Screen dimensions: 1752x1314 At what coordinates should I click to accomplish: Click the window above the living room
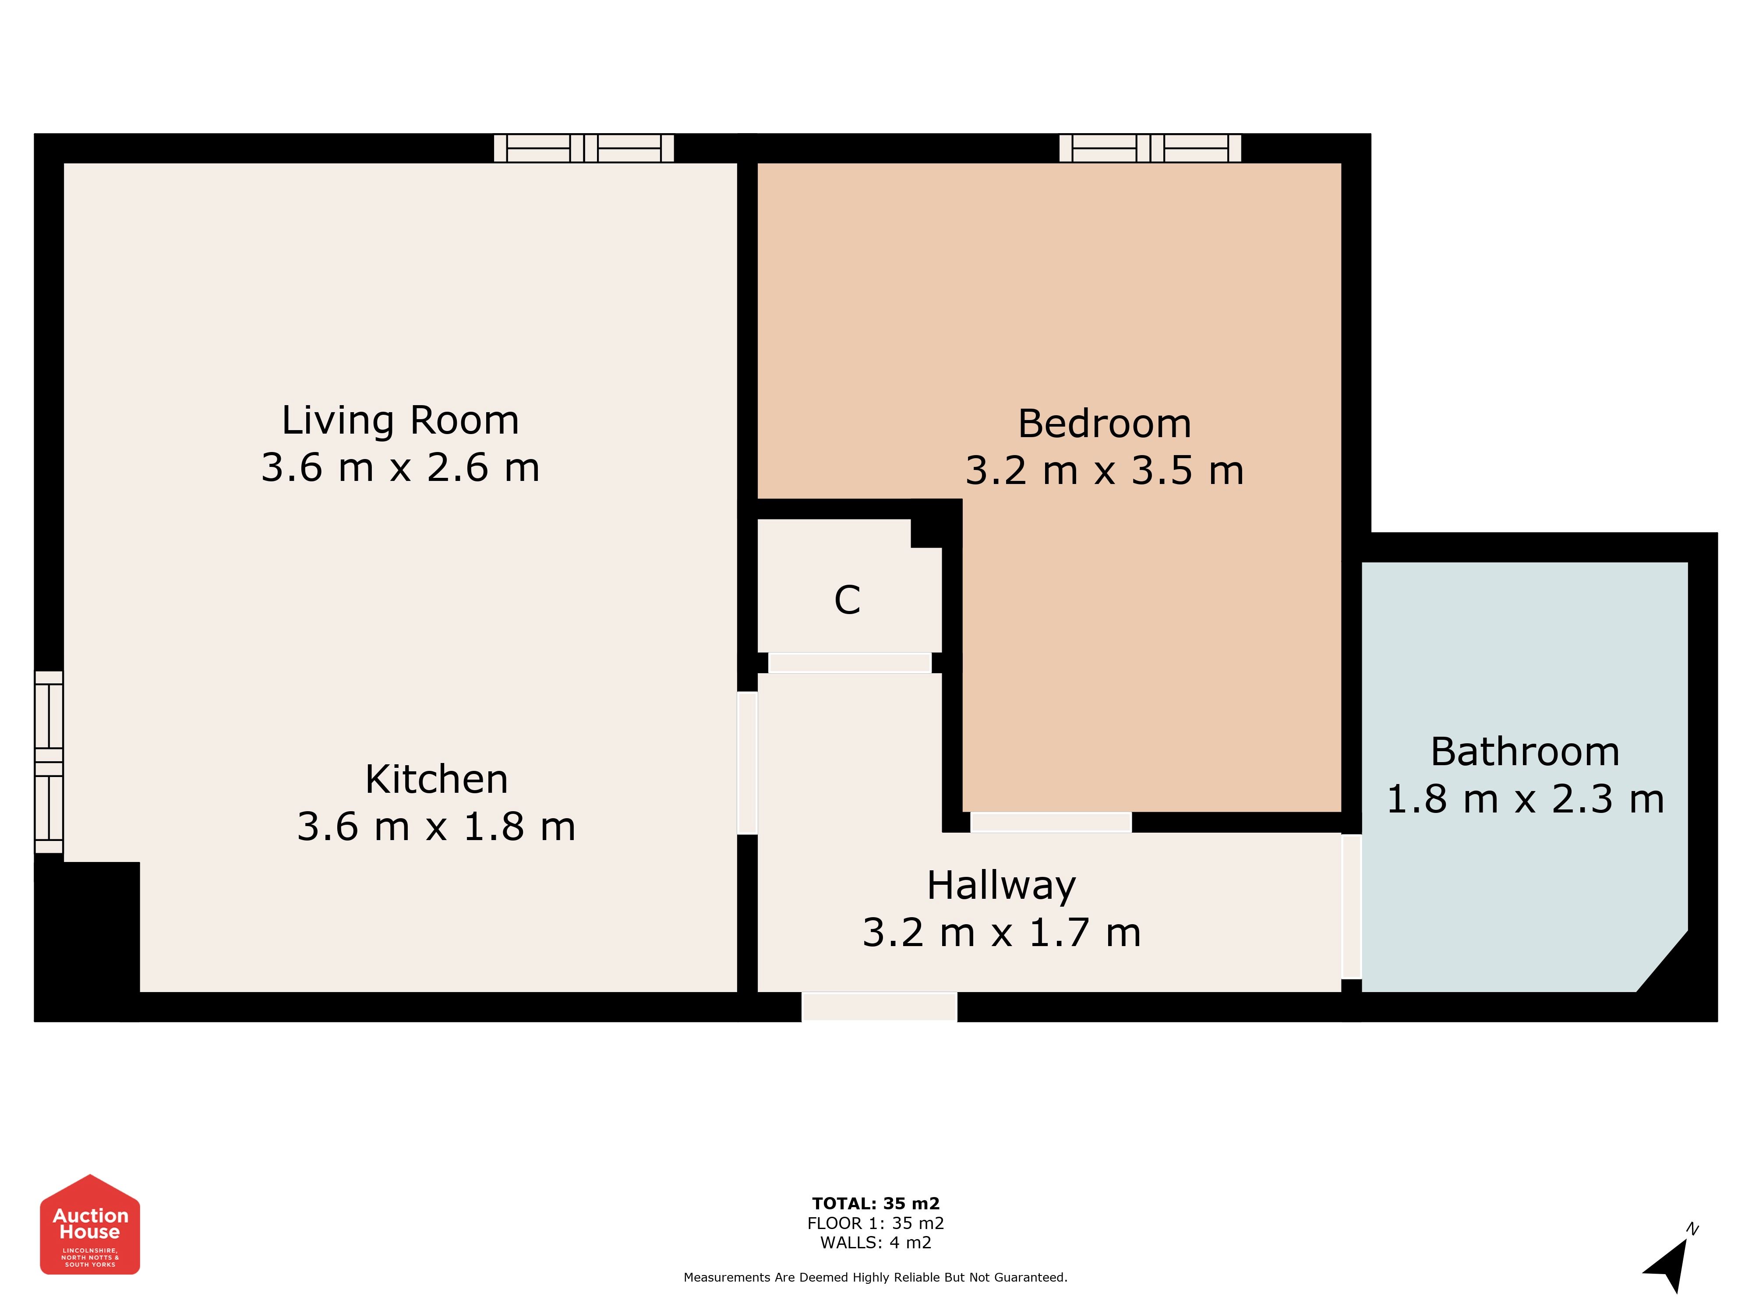coord(584,148)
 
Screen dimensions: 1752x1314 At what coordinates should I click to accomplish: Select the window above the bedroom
coord(1150,148)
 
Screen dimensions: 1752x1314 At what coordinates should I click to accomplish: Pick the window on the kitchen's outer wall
coord(48,762)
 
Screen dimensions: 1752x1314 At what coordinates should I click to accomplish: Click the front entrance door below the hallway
coord(879,1007)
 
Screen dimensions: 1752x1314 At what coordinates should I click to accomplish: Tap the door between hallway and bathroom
coord(1351,907)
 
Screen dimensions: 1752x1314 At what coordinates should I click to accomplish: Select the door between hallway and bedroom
coord(1051,822)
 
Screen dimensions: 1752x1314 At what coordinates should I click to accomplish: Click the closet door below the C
coord(850,662)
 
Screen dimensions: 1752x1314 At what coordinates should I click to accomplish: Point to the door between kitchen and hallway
coord(747,763)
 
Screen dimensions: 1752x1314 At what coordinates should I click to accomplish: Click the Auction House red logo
coord(90,1225)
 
